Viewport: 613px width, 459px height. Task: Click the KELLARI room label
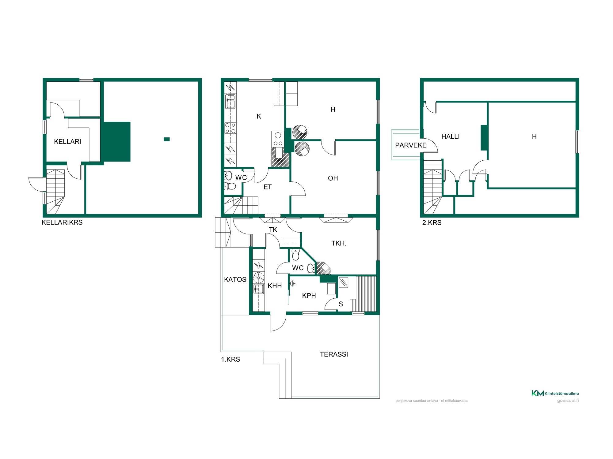[x=67, y=141]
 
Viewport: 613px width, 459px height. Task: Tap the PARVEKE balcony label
[x=411, y=145]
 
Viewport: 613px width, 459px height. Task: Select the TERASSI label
[x=334, y=354]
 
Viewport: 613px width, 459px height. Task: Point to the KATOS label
[x=235, y=279]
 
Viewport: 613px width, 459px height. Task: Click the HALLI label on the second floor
[x=450, y=136]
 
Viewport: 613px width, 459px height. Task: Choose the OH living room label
[x=333, y=178]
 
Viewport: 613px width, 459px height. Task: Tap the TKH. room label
[x=339, y=243]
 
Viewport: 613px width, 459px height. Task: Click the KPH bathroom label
[x=309, y=296]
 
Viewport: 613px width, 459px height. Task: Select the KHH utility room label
[x=275, y=286]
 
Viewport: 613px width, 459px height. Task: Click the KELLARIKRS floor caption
[x=62, y=222]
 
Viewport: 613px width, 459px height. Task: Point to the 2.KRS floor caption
[x=432, y=223]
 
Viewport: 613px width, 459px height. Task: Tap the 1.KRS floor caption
[x=230, y=359]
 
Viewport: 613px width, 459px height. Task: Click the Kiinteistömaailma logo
[x=555, y=393]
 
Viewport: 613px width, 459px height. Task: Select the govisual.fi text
[x=568, y=401]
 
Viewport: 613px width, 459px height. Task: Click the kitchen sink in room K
[x=230, y=102]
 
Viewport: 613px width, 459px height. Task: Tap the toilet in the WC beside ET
[x=230, y=186]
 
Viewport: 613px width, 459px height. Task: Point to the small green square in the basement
[x=167, y=139]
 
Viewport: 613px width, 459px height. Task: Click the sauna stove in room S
[x=343, y=282]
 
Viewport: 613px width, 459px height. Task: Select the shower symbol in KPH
[x=293, y=284]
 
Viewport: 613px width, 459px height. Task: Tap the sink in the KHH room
[x=259, y=289]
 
